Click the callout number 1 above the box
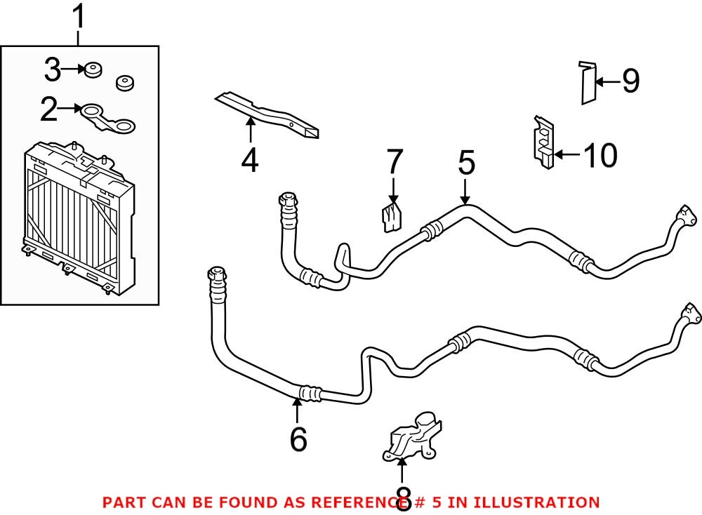[x=79, y=15]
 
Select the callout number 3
[x=53, y=70]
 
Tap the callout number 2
[x=49, y=109]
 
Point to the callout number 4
[x=249, y=161]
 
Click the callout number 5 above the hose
[x=466, y=164]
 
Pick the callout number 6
[x=298, y=439]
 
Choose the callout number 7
[x=395, y=163]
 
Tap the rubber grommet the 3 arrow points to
[x=91, y=69]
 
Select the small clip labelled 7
[x=390, y=216]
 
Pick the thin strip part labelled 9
[x=588, y=83]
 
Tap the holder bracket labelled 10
[x=542, y=142]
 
